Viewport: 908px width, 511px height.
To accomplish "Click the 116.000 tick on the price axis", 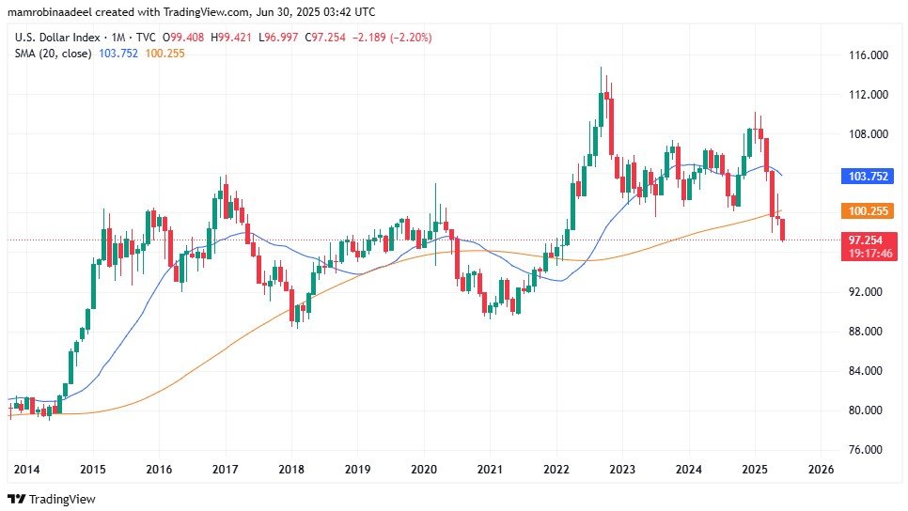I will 869,55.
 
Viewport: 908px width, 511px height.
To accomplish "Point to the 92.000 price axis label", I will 869,292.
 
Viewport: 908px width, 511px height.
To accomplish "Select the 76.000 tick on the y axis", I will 869,450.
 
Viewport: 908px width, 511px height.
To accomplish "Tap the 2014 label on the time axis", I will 25,469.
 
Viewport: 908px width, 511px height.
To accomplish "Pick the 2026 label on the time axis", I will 822,469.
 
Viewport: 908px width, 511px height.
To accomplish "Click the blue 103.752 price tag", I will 869,176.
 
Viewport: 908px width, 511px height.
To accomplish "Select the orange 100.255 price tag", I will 869,210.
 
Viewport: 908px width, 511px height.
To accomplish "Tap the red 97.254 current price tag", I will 869,240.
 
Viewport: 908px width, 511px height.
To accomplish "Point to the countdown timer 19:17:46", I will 869,253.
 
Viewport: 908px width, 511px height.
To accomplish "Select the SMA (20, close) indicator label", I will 53,54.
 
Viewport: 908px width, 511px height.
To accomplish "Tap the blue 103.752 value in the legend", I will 118,54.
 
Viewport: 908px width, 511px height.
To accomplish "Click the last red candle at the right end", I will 783,228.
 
